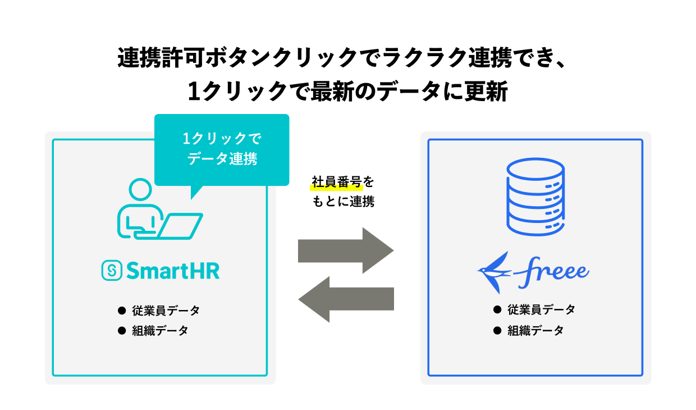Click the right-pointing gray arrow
346,250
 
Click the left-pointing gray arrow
346,299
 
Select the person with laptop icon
159,210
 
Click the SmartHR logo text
172,271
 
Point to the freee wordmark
550,271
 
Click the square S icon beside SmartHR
112,271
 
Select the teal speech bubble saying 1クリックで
221,149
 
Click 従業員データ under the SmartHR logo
166,310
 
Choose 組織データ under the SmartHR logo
161,330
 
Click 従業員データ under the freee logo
541,309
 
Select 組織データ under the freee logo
535,330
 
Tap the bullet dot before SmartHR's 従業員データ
121,310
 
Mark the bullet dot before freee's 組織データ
497,330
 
